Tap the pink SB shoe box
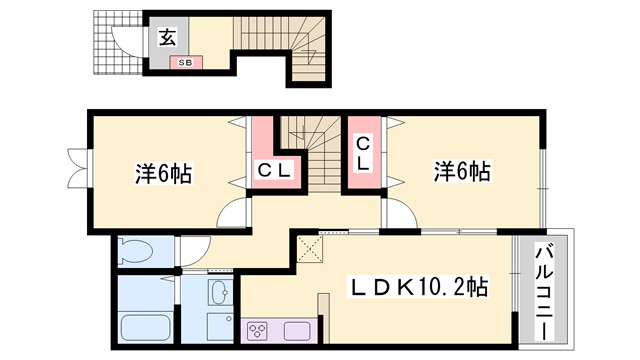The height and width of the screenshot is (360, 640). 186,63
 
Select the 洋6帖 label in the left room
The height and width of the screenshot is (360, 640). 163,174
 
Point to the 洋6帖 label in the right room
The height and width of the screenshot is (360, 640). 461,172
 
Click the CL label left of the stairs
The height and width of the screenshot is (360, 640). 273,170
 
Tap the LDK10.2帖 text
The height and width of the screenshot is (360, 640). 419,288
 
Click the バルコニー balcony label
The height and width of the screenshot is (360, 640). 544,290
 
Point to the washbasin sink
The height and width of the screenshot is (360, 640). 221,293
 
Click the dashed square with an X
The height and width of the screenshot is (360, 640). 310,248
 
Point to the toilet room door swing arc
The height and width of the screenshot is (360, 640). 194,250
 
